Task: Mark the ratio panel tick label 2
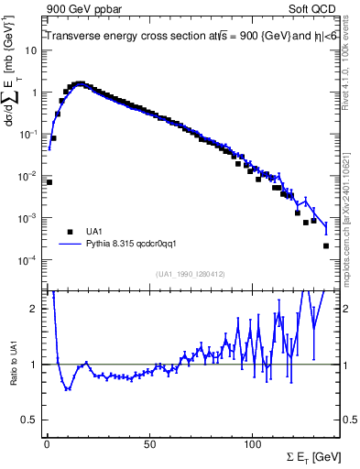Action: click(x=34, y=309)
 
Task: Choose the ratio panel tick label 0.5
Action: click(x=30, y=420)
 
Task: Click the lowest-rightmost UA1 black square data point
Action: click(x=326, y=245)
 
